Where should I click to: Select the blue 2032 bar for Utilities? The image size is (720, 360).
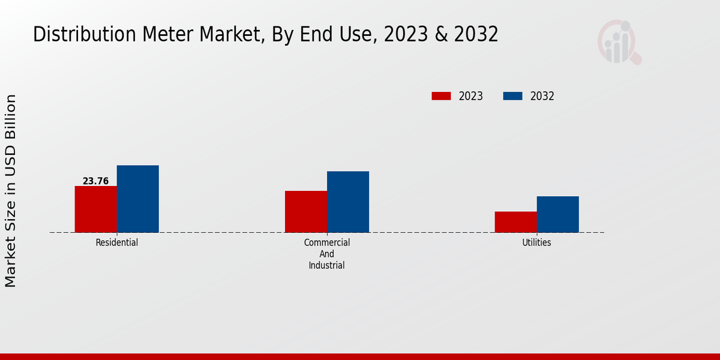[557, 214]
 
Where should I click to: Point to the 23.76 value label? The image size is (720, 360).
[95, 181]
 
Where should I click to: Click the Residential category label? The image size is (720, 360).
[116, 242]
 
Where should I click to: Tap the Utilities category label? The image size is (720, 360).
[536, 242]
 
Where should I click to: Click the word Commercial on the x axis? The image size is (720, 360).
[326, 242]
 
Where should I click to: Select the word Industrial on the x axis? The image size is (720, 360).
[326, 265]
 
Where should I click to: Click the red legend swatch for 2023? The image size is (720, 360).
[441, 96]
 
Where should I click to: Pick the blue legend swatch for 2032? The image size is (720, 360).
[512, 96]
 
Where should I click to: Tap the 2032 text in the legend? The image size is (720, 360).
[542, 96]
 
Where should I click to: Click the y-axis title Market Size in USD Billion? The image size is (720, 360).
[11, 190]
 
